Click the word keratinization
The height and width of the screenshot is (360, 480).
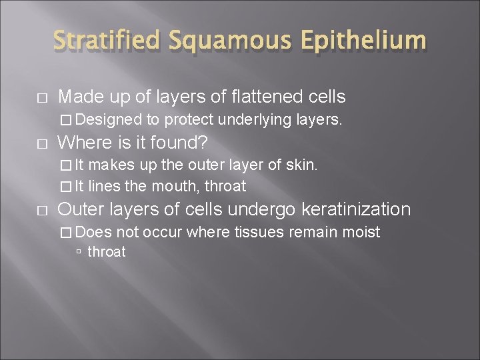357,209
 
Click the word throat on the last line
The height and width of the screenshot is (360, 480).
107,251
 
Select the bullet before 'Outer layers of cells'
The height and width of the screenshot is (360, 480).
42,210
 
